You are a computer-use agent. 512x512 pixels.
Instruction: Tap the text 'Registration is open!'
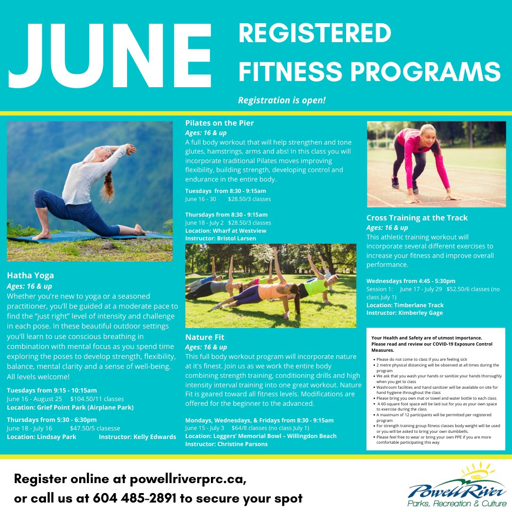coord(282,101)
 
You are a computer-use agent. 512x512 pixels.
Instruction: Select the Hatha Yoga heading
coord(30,275)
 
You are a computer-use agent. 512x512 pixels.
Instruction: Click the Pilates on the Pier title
coord(219,123)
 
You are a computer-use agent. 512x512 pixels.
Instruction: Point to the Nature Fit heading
coord(205,337)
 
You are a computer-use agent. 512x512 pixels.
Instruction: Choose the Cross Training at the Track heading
coord(417,218)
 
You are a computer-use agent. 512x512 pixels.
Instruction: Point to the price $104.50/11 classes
coord(97,399)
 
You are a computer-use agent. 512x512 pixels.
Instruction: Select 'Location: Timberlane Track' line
coord(405,305)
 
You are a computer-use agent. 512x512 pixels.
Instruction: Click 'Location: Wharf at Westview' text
coord(226,230)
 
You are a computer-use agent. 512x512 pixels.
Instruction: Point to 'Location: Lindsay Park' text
coord(41,437)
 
